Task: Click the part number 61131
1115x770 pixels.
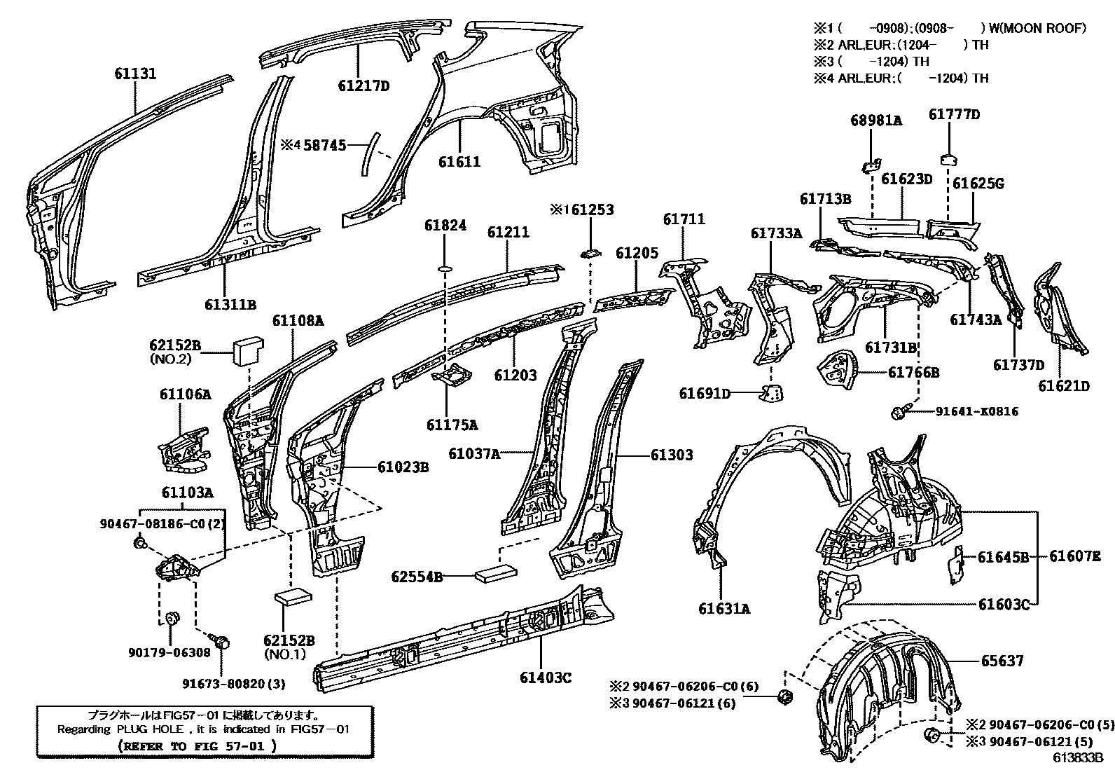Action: pyautogui.click(x=135, y=74)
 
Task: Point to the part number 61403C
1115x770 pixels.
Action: pyautogui.click(x=545, y=678)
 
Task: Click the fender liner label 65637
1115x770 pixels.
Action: pyautogui.click(x=1002, y=661)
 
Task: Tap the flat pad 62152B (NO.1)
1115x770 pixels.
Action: pyautogui.click(x=293, y=596)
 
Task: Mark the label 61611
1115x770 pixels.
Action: pyautogui.click(x=459, y=162)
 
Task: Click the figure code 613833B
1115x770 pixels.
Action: pyautogui.click(x=1077, y=757)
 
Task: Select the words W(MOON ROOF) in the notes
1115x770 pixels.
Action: pyautogui.click(x=1037, y=28)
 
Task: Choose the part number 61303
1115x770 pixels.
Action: pyautogui.click(x=671, y=455)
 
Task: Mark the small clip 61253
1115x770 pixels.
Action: pyautogui.click(x=590, y=254)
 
